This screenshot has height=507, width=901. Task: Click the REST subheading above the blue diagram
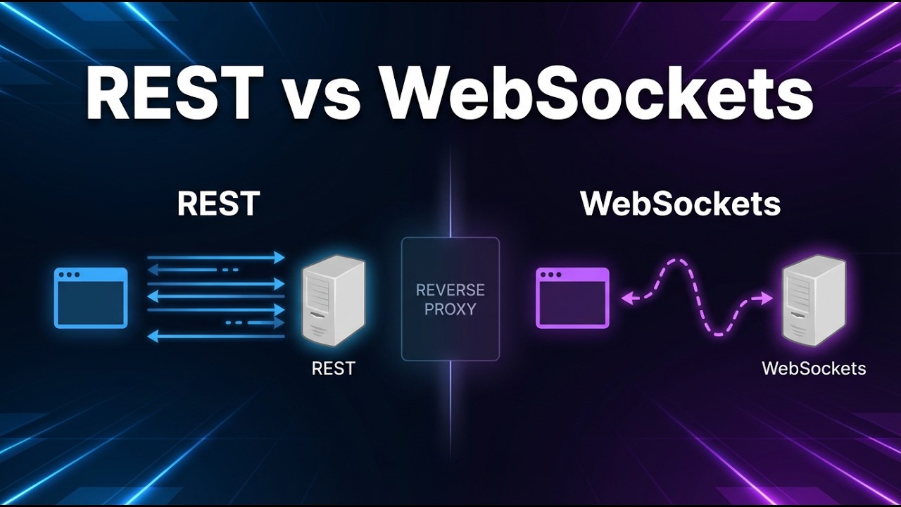218,204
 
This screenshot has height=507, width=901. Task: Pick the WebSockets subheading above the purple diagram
680,204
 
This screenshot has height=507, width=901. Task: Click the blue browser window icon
91,298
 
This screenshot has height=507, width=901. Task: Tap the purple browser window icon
572,298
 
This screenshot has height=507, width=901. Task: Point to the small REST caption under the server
333,368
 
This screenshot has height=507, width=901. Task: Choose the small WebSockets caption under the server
814,368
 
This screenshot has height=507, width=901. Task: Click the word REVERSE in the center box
450,290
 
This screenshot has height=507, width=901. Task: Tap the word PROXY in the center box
450,309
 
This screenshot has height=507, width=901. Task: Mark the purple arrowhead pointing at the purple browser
626,299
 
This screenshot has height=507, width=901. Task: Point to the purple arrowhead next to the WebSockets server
767,298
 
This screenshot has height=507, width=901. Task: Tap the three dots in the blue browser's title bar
68,275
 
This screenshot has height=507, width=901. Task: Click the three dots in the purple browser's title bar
550,275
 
